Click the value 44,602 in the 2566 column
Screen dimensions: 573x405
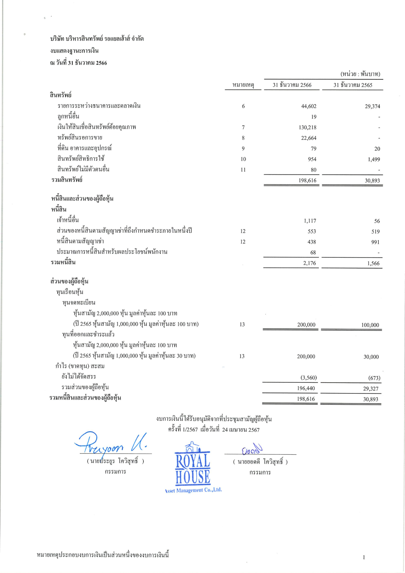pyautogui.click(x=308, y=106)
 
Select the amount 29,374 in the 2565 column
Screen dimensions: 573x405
pyautogui.click(x=372, y=107)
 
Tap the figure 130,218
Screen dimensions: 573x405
pyautogui.click(x=308, y=127)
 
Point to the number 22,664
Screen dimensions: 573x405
pyautogui.click(x=308, y=138)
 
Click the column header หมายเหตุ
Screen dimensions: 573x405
pyautogui.click(x=243, y=85)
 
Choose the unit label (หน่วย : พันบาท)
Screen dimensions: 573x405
pyautogui.click(x=360, y=74)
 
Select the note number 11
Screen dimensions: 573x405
pyautogui.click(x=243, y=170)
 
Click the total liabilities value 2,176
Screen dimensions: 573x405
pyautogui.click(x=310, y=263)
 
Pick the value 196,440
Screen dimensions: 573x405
pyautogui.click(x=306, y=388)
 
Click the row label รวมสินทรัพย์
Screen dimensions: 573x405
pyautogui.click(x=67, y=180)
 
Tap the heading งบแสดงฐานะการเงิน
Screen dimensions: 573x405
pyautogui.click(x=74, y=51)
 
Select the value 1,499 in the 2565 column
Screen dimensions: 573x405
pyautogui.click(x=374, y=160)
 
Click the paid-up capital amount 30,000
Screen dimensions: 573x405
pyautogui.click(x=371, y=357)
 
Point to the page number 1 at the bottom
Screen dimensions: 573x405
pyautogui.click(x=364, y=557)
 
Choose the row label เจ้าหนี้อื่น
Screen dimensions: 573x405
pyautogui.click(x=68, y=220)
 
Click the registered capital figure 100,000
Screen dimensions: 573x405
pyautogui.click(x=370, y=325)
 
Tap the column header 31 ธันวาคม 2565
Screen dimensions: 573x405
pyautogui.click(x=353, y=85)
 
